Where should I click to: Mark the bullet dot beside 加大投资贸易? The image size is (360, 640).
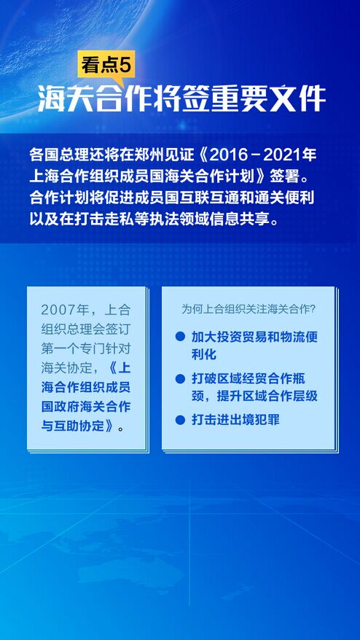pos(180,337)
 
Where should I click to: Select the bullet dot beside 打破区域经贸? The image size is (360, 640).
pos(180,379)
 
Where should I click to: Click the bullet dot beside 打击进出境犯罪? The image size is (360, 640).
pos(180,420)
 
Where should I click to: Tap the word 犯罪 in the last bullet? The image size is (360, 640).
pos(267,420)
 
